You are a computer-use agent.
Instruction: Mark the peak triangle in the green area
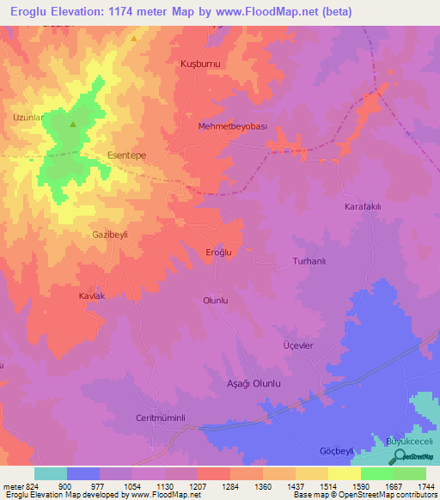pos(72,125)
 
